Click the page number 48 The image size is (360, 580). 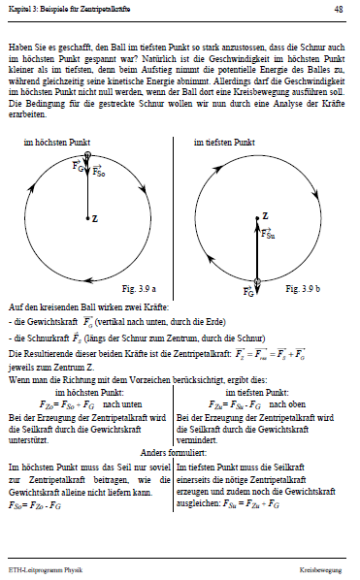coord(338,8)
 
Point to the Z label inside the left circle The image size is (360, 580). coord(95,219)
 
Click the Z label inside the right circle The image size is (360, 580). coord(265,211)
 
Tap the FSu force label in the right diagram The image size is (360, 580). coord(271,233)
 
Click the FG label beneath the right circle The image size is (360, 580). coord(248,289)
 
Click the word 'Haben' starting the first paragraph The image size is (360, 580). coord(18,46)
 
